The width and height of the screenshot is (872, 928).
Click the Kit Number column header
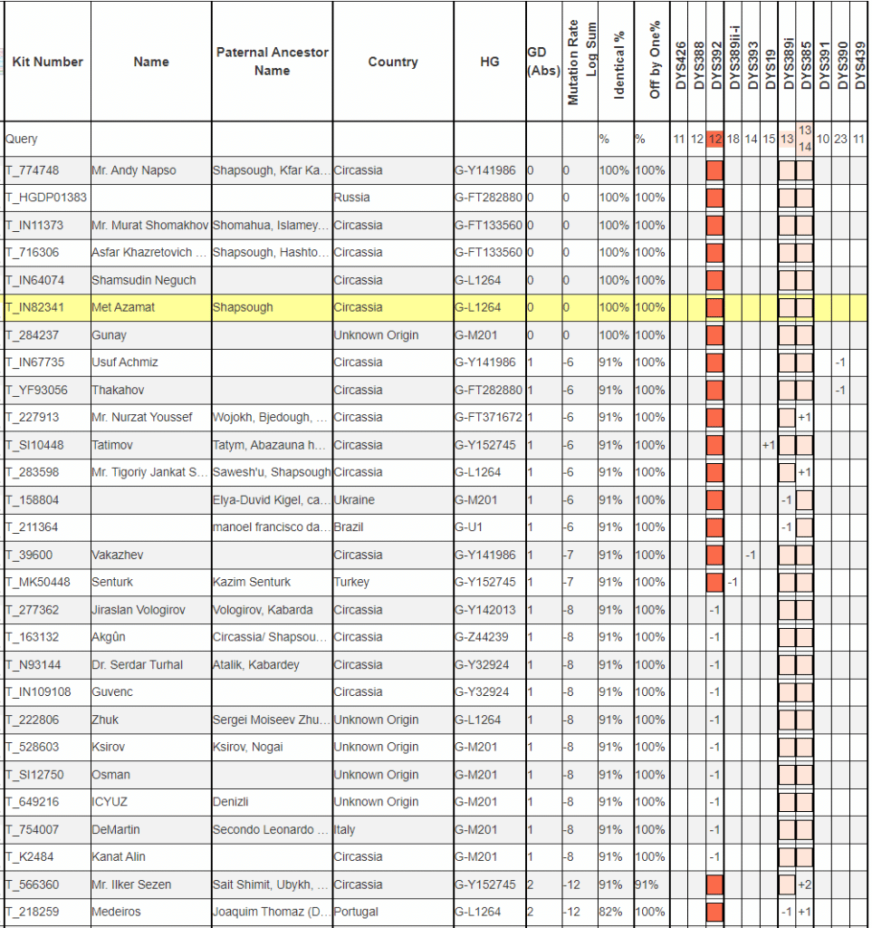pyautogui.click(x=47, y=62)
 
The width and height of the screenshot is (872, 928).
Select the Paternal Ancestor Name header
pyautogui.click(x=272, y=62)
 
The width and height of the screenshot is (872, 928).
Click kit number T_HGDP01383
pyautogui.click(x=46, y=198)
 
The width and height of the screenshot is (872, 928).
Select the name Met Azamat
pyautogui.click(x=123, y=307)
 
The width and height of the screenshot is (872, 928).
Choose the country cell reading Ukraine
pyautogui.click(x=354, y=500)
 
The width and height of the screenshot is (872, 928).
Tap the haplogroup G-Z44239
pyautogui.click(x=482, y=637)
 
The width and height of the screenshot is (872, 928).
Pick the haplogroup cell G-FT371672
pyautogui.click(x=488, y=418)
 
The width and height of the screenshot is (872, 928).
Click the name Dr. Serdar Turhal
pyautogui.click(x=137, y=664)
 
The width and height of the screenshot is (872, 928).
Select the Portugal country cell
pyautogui.click(x=356, y=912)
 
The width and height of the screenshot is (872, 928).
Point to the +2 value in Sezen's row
pyautogui.click(x=804, y=884)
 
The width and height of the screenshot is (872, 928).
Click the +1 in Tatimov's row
pyautogui.click(x=769, y=445)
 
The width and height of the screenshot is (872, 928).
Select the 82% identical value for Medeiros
pyautogui.click(x=610, y=912)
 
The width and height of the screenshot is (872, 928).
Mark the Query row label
pyautogui.click(x=22, y=140)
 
